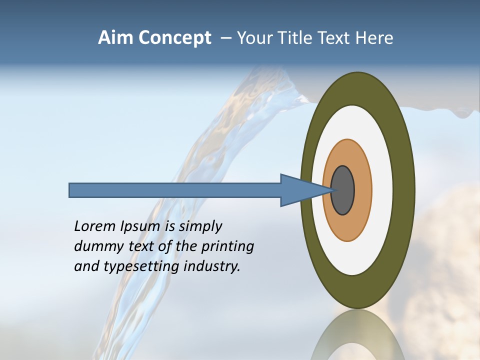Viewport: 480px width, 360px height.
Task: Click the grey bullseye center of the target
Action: [x=343, y=190]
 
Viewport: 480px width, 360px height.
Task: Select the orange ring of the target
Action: [x=362, y=190]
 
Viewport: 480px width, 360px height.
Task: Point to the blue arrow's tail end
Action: [x=72, y=190]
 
